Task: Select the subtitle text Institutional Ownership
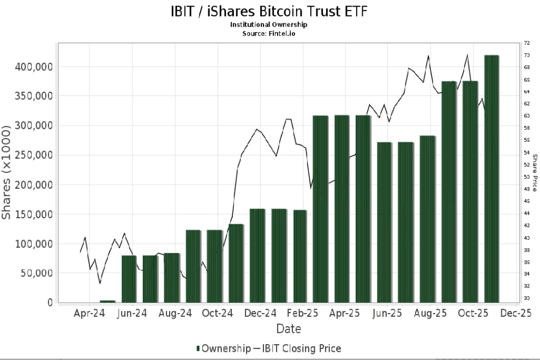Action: click(x=268, y=25)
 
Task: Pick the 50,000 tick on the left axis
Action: click(x=37, y=273)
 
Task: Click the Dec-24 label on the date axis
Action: click(x=260, y=314)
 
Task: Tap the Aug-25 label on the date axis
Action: click(x=430, y=314)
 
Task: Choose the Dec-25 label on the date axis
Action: click(x=515, y=314)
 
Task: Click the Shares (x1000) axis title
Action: click(x=7, y=172)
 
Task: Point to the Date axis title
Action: click(x=288, y=329)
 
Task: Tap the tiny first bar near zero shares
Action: click(x=107, y=301)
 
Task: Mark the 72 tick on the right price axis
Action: click(x=526, y=43)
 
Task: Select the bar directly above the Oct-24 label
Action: click(x=215, y=266)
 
